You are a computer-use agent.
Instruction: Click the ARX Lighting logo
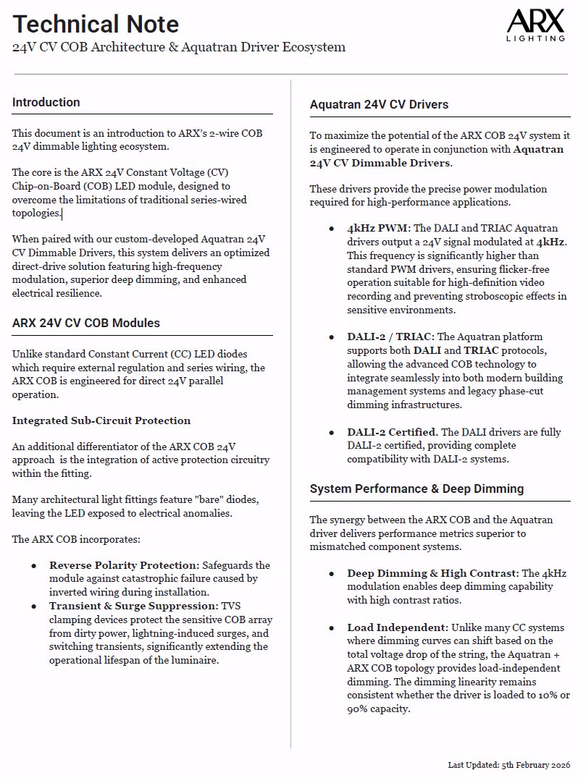[535, 26]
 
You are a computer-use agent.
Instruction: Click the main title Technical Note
[96, 24]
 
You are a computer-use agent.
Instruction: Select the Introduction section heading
[46, 102]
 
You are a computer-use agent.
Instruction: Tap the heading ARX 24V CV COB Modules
[86, 323]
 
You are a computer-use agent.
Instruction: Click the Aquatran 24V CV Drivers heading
[379, 104]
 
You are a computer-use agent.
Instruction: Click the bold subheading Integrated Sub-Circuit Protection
[101, 420]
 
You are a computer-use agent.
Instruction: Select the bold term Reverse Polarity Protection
[123, 565]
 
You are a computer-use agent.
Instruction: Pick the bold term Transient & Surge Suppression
[133, 605]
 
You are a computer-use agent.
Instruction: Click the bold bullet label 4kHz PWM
[378, 228]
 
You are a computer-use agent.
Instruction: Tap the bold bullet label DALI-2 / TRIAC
[390, 337]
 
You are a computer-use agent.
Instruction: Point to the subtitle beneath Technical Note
[178, 48]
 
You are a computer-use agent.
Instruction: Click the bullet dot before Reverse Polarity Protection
[34, 565]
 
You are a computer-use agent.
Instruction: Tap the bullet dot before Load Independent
[331, 627]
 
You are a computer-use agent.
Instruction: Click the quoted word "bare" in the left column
[204, 500]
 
